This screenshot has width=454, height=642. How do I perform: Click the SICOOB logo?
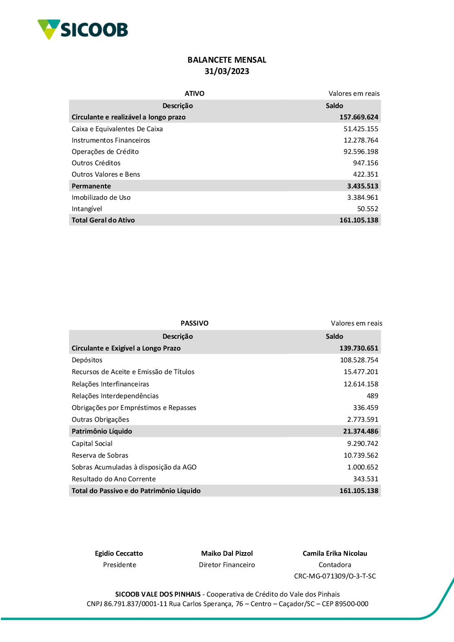tap(83, 30)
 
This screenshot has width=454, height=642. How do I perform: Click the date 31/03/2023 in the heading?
tap(227, 71)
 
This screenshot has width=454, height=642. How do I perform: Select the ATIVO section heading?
tap(194, 94)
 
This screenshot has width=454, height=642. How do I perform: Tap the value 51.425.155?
tap(360, 129)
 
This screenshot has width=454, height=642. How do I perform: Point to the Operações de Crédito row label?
tap(105, 152)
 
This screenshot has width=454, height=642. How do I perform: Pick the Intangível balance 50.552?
tap(367, 209)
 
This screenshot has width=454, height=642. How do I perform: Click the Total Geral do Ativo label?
tap(103, 220)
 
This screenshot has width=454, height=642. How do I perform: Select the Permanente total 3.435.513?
tap(362, 186)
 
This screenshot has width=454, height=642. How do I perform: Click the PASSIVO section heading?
tap(194, 323)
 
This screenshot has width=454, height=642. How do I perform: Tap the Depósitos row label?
tap(87, 360)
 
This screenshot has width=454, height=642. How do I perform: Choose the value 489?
tap(372, 396)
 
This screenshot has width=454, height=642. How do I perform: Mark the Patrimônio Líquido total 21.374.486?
tap(360, 431)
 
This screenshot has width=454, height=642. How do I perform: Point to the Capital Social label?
tap(92, 444)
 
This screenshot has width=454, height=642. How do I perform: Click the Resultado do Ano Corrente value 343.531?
tap(365, 479)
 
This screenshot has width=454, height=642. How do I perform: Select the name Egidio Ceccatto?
tap(119, 553)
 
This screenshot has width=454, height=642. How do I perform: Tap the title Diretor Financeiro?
tap(227, 565)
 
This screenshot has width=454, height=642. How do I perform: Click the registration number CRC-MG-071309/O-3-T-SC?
tap(335, 576)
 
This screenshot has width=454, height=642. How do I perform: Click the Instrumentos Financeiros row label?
tap(110, 140)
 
